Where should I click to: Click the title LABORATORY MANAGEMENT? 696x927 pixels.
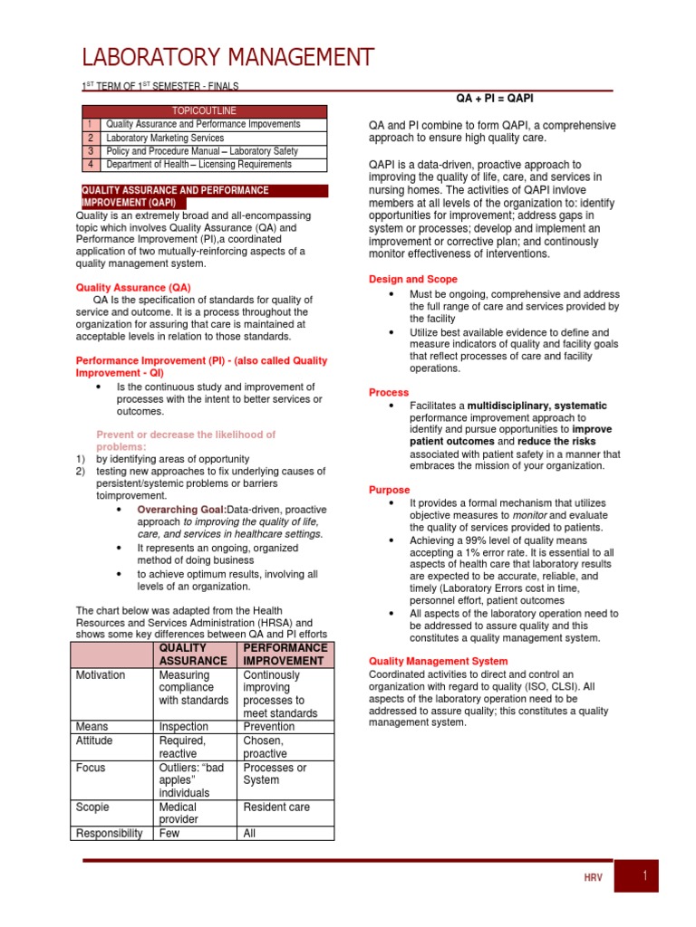point(227,58)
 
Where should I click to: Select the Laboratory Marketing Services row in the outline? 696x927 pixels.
point(165,138)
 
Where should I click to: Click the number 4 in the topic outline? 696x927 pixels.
point(91,165)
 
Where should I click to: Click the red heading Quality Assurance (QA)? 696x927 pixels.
point(132,287)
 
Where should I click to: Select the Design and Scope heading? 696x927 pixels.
point(412,280)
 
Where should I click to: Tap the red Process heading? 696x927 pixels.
point(389,392)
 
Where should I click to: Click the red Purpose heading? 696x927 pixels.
point(389,490)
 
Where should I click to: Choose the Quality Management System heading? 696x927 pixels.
point(438,662)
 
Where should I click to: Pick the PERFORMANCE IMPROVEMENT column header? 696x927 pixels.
point(285,655)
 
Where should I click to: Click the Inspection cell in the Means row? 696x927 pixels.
point(183,726)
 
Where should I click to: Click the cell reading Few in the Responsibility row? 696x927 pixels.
point(169,833)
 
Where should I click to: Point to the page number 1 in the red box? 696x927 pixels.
point(644,875)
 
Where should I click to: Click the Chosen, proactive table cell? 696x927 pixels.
point(266,747)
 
